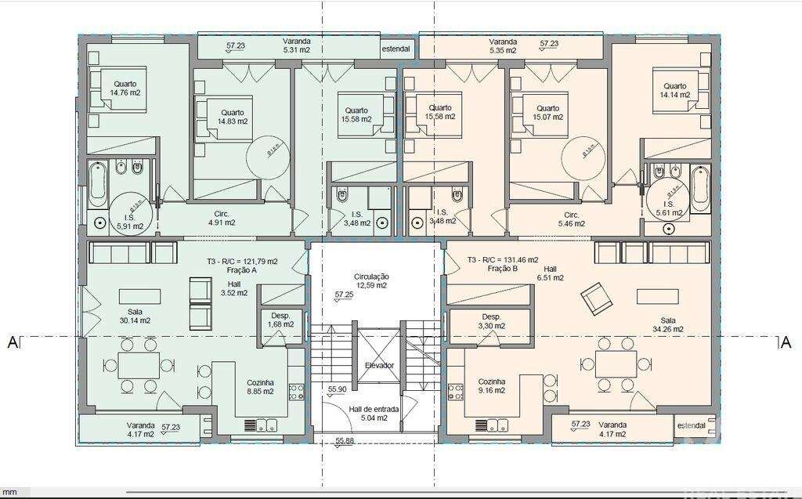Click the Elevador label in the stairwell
pos(379,366)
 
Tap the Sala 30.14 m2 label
pos(135,315)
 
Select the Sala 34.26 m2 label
pos(668,324)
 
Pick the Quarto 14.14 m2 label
pos(674,90)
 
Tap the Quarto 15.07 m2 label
pos(547,113)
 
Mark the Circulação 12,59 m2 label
pos(371,281)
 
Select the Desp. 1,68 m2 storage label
pos(280,319)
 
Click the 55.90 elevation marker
pos(337,389)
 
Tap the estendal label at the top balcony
pos(396,49)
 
